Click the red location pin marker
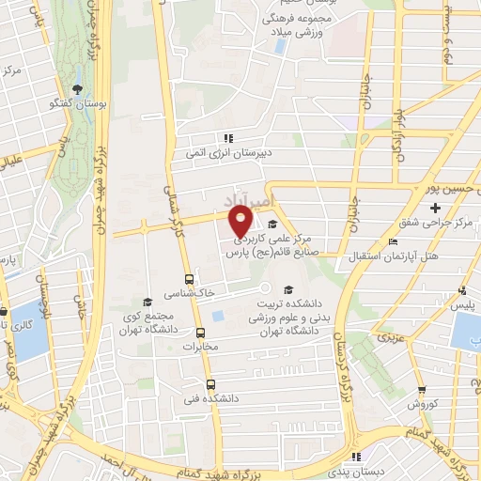click(241, 221)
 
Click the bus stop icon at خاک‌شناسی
click(190, 279)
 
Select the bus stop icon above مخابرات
click(200, 333)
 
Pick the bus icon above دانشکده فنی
click(209, 384)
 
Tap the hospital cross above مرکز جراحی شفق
click(434, 207)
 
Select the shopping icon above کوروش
click(420, 390)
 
